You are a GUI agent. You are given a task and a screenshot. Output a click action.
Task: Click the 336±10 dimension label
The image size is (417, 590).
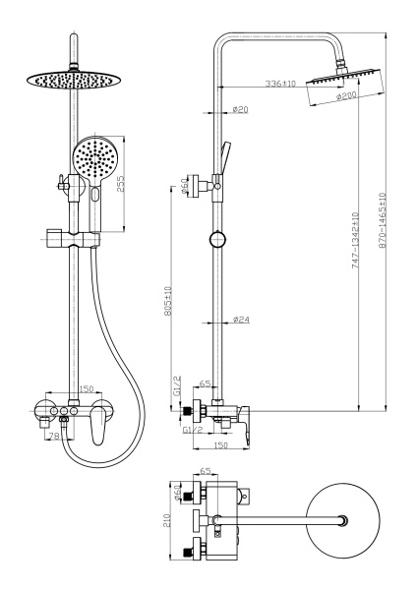(280, 84)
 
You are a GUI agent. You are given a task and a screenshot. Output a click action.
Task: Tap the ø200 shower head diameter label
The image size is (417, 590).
(346, 96)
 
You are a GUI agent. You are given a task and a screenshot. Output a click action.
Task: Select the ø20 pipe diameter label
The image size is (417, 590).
(241, 109)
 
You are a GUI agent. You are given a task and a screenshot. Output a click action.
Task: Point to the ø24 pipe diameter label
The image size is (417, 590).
(241, 320)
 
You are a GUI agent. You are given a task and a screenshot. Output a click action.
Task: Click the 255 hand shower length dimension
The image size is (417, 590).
(120, 184)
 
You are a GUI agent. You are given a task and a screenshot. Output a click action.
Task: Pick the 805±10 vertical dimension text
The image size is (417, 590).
(168, 301)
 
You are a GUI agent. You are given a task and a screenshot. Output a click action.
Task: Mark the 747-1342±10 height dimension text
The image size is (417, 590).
(355, 241)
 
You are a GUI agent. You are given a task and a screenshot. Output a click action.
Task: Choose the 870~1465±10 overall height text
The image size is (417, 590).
(383, 220)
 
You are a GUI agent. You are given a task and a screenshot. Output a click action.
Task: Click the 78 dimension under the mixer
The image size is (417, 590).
(55, 436)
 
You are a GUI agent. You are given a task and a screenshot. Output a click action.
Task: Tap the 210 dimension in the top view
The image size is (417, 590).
(167, 521)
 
